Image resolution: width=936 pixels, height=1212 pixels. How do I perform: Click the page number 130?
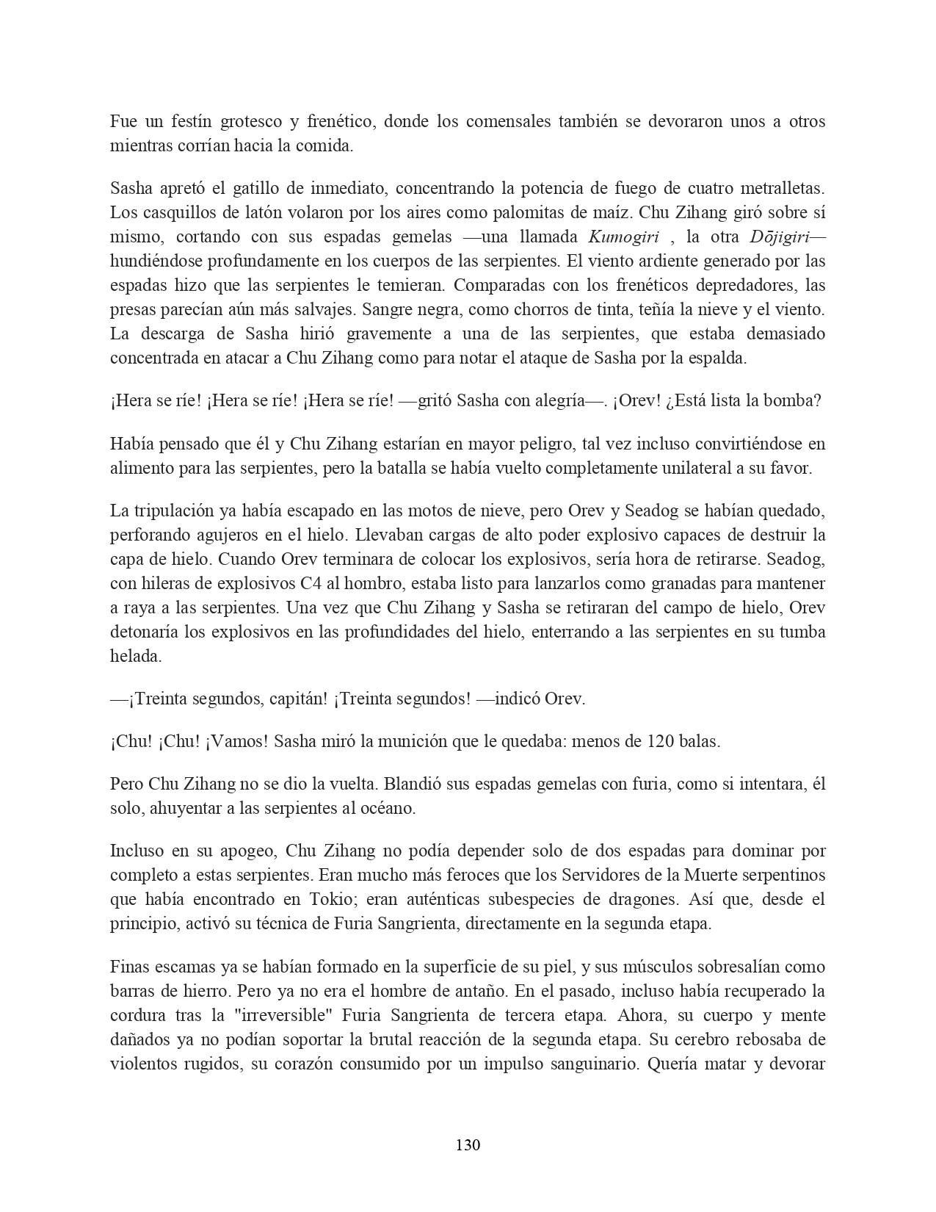pyautogui.click(x=468, y=1144)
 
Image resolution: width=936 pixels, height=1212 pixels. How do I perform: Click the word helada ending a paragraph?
pyautogui.click(x=136, y=656)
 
